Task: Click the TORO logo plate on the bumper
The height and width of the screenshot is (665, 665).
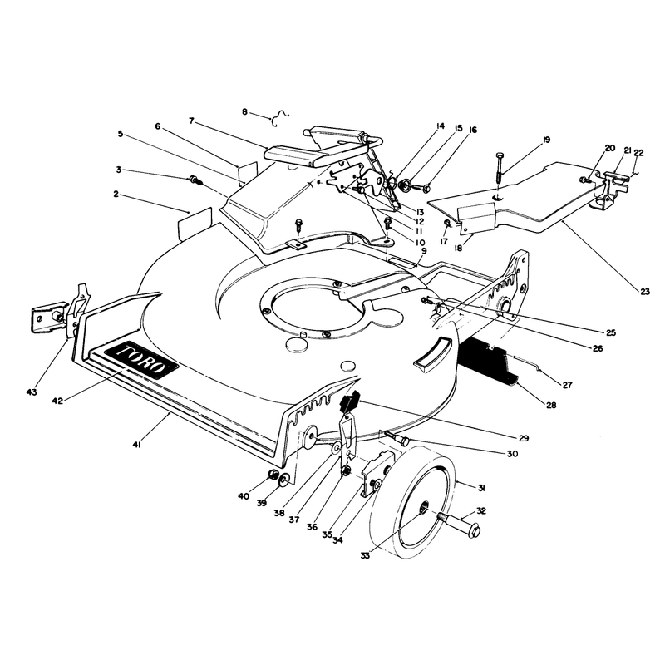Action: [x=141, y=360]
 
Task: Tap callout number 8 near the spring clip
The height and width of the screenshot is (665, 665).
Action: [x=244, y=112]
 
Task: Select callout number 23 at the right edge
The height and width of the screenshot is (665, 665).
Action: [x=645, y=292]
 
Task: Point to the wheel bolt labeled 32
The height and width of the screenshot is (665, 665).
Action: [x=461, y=525]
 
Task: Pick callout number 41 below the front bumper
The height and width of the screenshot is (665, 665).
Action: [x=136, y=445]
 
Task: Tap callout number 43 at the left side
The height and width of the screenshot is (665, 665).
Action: [x=32, y=392]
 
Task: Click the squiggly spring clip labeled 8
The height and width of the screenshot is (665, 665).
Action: [x=279, y=118]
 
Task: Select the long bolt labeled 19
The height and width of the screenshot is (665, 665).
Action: [x=500, y=167]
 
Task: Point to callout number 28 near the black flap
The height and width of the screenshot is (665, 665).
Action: [x=551, y=405]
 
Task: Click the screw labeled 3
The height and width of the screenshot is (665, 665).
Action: [x=195, y=180]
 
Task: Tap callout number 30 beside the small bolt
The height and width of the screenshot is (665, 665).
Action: [x=512, y=454]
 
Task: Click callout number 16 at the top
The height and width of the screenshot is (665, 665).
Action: [x=473, y=130]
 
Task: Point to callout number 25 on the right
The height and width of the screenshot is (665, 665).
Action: [x=611, y=332]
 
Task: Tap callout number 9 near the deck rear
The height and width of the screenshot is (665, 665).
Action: [x=424, y=251]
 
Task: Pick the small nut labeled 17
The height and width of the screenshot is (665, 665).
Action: [x=446, y=223]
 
